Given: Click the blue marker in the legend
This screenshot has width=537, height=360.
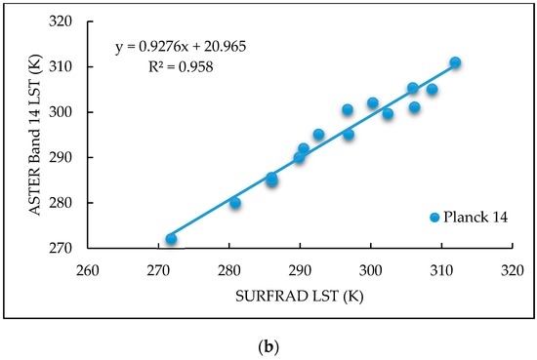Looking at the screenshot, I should coord(435,218).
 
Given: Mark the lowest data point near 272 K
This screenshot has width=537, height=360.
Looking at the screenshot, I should coord(172,239).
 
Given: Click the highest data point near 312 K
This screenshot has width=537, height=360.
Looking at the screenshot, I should coord(455,62).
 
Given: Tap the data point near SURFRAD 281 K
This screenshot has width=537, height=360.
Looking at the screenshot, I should coord(235,203).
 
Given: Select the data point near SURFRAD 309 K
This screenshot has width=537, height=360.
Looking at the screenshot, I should coord(432,90).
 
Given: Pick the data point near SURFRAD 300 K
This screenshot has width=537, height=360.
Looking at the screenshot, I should coord(372,102).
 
